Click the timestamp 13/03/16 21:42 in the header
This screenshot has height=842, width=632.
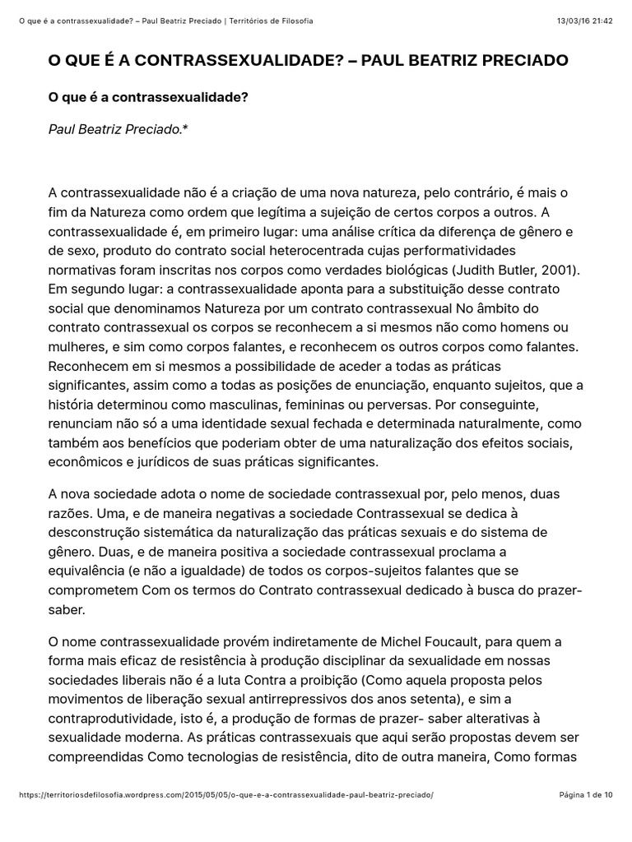(x=588, y=21)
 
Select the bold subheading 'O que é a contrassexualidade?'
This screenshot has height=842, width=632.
(x=148, y=98)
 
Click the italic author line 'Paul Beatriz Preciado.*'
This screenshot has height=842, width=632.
(x=118, y=129)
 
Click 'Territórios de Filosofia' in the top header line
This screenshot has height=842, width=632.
(x=267, y=21)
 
